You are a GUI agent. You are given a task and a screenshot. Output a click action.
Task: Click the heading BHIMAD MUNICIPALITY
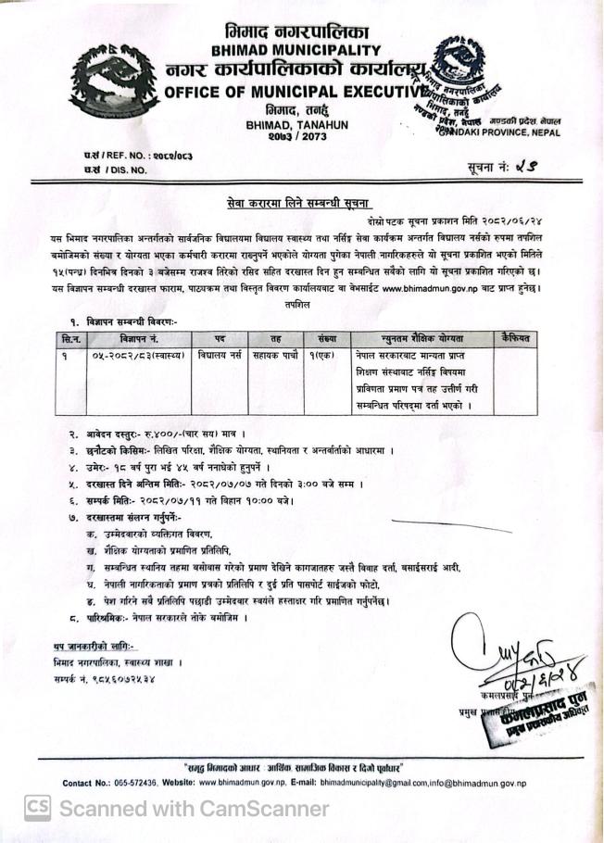point(296,49)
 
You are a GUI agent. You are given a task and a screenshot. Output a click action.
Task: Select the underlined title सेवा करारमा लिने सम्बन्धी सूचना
point(303,201)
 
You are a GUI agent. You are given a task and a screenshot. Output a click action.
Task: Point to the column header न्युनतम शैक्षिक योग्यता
point(423,339)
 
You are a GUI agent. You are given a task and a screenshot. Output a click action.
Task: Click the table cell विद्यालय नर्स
point(217,356)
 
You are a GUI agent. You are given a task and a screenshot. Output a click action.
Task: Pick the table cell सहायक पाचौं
point(273,356)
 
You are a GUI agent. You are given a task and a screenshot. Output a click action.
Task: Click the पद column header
point(219,339)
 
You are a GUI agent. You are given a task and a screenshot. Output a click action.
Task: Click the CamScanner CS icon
point(36,808)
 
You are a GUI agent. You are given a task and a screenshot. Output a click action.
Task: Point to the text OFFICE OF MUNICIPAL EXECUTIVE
point(293,92)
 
